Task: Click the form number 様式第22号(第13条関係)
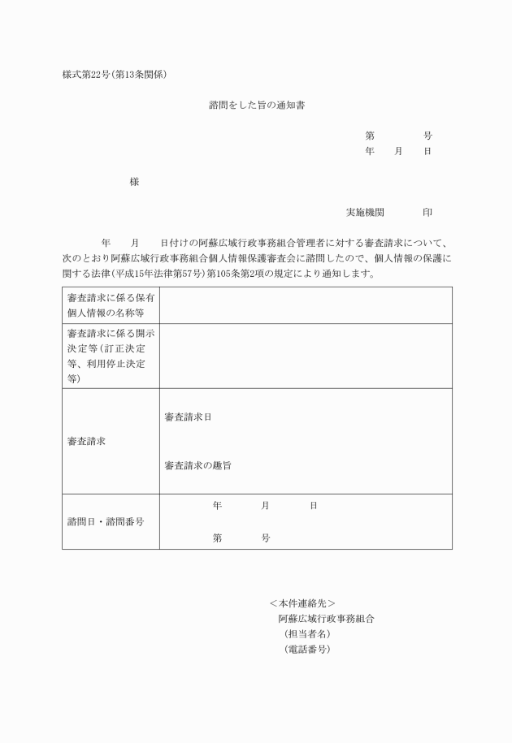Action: tap(115, 76)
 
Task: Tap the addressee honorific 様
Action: tap(134, 182)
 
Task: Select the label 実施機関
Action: tap(365, 212)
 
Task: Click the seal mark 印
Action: tap(427, 212)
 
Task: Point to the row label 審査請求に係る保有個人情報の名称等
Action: tap(111, 305)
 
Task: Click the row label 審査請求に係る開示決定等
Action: tap(111, 355)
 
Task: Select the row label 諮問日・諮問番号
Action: tap(106, 521)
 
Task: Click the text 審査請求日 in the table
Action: tap(188, 417)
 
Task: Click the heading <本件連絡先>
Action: tap(302, 603)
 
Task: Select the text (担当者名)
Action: tap(306, 633)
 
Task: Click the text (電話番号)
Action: tap(306, 649)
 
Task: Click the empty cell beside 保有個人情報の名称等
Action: tap(306, 305)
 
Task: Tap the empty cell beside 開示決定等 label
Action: tap(306, 356)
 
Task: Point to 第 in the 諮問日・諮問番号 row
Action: tap(218, 538)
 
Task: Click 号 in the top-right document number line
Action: tap(427, 136)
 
